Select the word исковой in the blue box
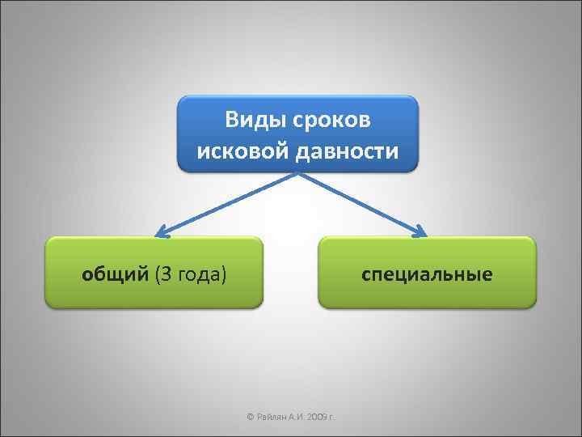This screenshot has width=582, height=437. pos(234,151)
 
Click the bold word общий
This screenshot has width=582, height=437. pos(115,274)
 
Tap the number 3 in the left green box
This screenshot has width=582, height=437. pos(163,274)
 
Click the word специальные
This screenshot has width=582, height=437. pos(427,274)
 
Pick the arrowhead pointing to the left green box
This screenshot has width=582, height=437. pos(162,233)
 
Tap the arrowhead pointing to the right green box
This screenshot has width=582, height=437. pos(421,233)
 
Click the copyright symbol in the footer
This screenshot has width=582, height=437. pos(250,417)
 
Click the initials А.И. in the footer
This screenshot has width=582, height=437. pos(297,417)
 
